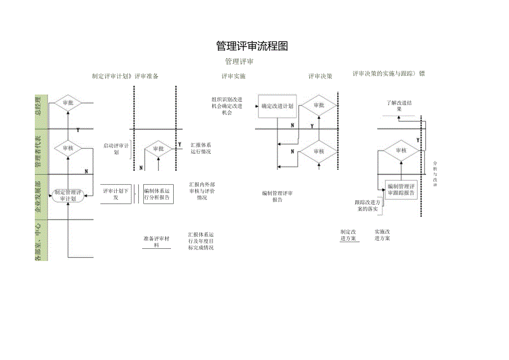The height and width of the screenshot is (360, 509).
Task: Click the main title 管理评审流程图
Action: [x=252, y=46]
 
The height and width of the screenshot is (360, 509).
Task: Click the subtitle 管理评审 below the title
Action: [x=239, y=61]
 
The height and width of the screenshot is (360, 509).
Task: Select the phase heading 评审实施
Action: [x=233, y=76]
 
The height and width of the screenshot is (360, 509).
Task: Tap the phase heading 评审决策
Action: [x=320, y=76]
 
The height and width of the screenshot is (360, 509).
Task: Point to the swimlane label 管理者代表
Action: [x=39, y=152]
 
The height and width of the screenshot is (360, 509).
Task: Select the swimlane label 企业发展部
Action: [x=39, y=196]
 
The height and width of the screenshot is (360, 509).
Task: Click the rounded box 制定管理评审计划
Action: [x=68, y=195]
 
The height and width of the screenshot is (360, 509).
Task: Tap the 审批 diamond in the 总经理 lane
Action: [x=68, y=103]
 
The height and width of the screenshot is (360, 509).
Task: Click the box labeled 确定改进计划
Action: [x=277, y=106]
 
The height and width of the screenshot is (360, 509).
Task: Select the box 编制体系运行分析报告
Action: [x=158, y=194]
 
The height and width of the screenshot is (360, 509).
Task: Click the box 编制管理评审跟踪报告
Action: [x=401, y=190]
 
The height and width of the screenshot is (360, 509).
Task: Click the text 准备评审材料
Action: [x=157, y=242]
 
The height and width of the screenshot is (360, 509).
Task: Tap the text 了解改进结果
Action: [x=399, y=106]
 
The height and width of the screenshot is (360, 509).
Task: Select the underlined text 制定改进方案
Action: [x=349, y=235]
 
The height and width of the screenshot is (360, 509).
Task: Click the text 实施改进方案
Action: [x=382, y=235]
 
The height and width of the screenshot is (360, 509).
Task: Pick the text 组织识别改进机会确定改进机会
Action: [x=227, y=106]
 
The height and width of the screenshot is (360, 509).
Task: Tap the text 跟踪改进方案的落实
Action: [x=367, y=206]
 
